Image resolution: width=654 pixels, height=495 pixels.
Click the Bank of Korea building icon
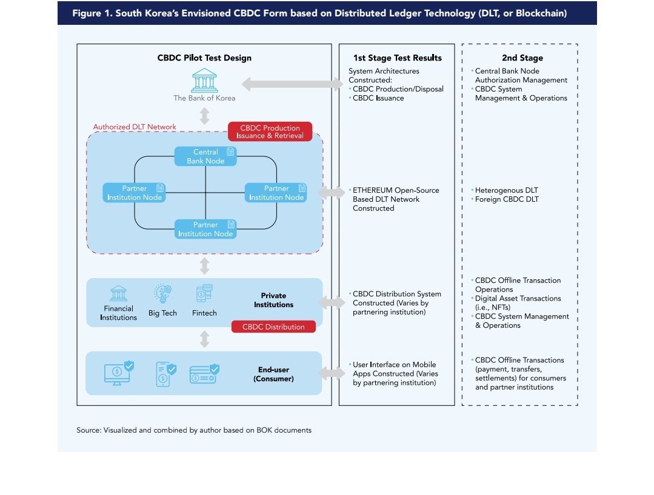[204, 81]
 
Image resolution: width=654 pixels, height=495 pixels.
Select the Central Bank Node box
[205, 156]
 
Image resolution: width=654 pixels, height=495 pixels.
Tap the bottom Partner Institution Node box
[205, 229]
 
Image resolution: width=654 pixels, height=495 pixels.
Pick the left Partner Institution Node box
[135, 193]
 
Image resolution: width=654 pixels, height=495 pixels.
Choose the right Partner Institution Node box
[276, 193]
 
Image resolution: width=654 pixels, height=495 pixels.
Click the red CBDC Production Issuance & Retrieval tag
[270, 131]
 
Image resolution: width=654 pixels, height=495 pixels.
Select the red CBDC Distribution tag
[273, 327]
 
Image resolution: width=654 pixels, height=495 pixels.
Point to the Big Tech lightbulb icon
[162, 293]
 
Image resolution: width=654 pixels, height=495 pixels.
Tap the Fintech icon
[204, 293]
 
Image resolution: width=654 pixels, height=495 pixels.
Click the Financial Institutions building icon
[118, 293]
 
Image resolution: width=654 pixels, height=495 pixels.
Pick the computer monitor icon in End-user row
[119, 373]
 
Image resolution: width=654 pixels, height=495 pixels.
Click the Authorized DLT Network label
[135, 127]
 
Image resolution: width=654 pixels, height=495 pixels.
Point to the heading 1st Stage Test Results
[398, 58]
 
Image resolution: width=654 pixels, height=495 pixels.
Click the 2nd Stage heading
[522, 58]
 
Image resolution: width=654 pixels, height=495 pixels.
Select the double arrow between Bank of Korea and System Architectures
[292, 84]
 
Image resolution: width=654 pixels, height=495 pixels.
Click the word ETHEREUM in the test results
[373, 190]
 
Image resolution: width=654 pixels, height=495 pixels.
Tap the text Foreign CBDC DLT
[507, 199]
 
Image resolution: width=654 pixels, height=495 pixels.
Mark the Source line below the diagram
[194, 430]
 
